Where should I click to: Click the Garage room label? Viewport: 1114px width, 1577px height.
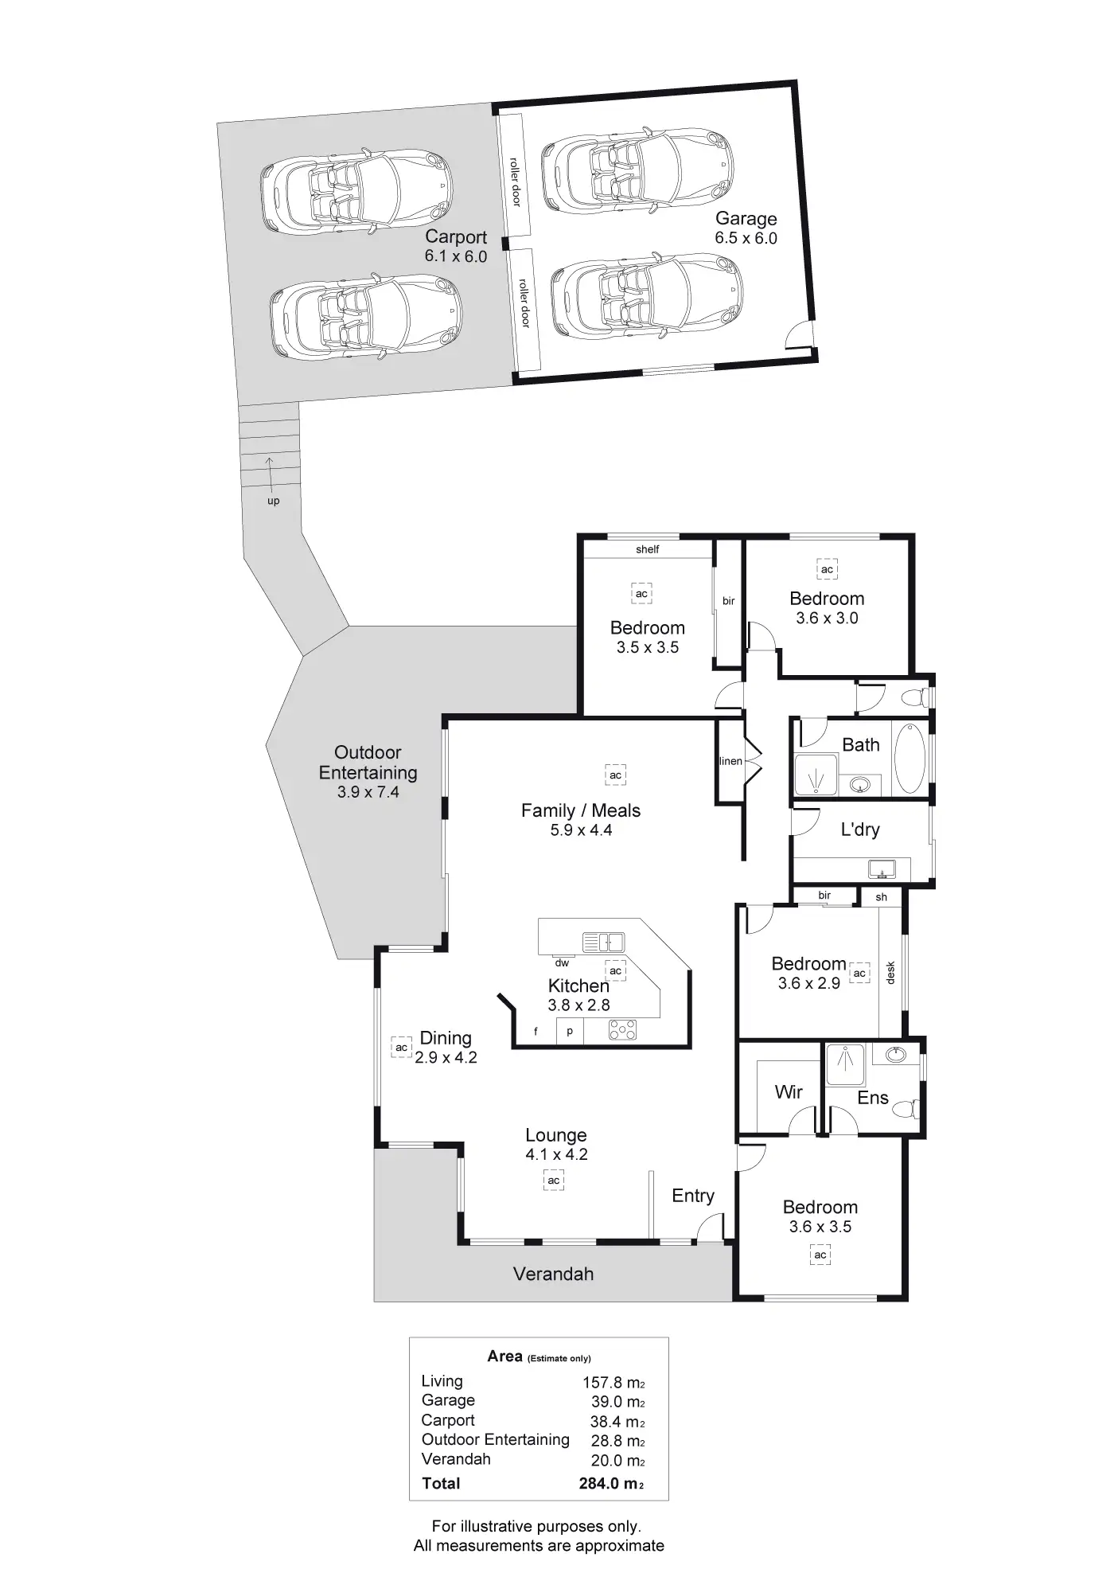click(746, 218)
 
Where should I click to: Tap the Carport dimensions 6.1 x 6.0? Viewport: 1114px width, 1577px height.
click(455, 256)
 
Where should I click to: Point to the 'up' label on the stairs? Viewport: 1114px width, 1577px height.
click(273, 501)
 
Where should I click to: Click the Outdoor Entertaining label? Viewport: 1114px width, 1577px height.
click(368, 763)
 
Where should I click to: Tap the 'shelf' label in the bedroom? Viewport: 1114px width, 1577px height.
click(647, 549)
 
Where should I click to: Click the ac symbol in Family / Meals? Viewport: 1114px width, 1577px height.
click(615, 775)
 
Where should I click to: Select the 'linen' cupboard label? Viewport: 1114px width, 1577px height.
click(730, 761)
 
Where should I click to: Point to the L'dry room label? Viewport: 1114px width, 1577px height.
click(860, 829)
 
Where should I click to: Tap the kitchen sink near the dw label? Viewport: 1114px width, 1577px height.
click(603, 943)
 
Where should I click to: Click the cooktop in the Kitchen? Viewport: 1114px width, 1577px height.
click(622, 1030)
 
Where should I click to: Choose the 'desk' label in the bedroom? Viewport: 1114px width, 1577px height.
click(890, 973)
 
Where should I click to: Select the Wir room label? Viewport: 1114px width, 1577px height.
click(789, 1091)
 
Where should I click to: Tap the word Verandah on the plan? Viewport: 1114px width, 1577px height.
click(553, 1274)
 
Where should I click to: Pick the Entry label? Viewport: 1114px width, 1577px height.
click(692, 1196)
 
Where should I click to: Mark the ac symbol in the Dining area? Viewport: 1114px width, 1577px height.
click(401, 1048)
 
